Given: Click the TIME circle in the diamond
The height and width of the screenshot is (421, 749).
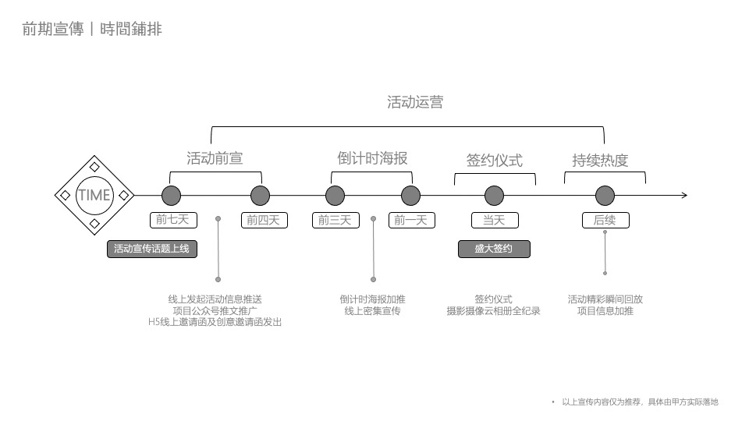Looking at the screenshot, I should click(x=94, y=195).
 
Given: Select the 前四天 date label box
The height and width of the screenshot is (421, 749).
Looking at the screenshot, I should click(x=264, y=220).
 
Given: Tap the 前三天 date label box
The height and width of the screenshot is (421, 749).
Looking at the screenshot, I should click(x=335, y=220).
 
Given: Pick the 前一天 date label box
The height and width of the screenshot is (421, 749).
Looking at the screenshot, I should click(x=410, y=220).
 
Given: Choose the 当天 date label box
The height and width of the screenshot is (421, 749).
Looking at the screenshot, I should click(x=494, y=220).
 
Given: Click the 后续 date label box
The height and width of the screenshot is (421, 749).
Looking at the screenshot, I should click(x=605, y=220).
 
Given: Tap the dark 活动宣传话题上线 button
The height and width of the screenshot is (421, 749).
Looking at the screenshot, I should click(x=151, y=249).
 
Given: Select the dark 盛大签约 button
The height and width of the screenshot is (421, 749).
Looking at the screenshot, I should click(x=494, y=249).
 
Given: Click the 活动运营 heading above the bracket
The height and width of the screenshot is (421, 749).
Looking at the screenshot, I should click(x=415, y=102).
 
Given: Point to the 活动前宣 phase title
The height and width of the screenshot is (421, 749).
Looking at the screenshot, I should click(x=215, y=158).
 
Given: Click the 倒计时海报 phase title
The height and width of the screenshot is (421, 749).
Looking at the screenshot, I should click(x=372, y=158).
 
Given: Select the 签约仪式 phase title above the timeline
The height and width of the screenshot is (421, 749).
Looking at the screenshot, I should click(x=494, y=161).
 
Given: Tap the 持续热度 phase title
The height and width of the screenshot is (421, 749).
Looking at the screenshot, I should click(x=600, y=161).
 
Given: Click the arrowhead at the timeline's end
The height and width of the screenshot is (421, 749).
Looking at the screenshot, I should click(x=683, y=195).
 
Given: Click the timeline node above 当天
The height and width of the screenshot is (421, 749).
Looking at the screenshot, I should click(x=494, y=195).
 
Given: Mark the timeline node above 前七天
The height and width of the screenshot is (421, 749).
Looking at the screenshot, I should click(x=171, y=195).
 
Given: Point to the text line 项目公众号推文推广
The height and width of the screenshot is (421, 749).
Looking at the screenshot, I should click(x=215, y=310).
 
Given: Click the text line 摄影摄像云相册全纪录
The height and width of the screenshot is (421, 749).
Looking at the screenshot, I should click(x=493, y=310).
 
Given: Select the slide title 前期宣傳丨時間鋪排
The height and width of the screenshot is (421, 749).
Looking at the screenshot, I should click(x=92, y=30).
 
